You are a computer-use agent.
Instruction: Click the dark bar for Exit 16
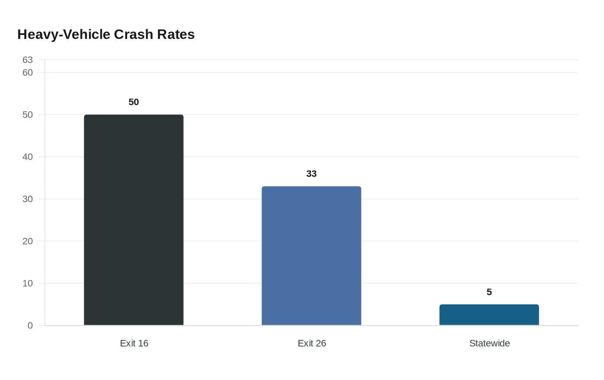134,220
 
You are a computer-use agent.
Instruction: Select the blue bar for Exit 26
311,256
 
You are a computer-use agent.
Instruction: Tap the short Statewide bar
489,315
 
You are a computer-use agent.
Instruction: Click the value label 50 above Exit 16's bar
134,102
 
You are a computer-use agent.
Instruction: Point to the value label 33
311,174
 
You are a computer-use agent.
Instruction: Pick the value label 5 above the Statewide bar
489,292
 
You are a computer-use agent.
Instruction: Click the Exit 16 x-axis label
134,343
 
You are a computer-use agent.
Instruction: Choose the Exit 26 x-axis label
311,343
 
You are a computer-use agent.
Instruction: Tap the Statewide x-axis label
489,343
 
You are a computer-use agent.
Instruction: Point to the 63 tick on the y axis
28,60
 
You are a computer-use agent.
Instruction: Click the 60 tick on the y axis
28,73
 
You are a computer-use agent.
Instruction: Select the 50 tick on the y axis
28,115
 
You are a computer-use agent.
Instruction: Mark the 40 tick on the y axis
28,157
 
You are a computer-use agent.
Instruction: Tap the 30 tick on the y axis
28,199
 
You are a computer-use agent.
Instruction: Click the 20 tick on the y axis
28,241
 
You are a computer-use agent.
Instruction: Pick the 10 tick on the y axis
28,283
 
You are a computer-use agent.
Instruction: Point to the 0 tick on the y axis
30,326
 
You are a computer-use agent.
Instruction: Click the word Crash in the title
133,35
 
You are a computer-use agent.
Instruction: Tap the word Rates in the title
176,35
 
